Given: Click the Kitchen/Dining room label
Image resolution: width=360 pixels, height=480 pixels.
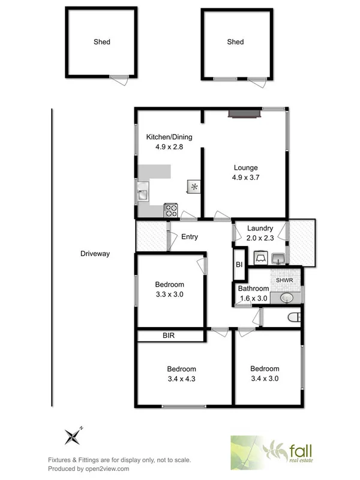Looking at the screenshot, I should pos(169,137).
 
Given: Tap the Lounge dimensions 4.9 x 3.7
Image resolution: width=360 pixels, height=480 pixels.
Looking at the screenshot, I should pos(246,178).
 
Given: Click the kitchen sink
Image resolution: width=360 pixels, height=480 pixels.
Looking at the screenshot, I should pos(143,194).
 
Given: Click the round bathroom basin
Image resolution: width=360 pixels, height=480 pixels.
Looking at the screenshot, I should pos(286,298).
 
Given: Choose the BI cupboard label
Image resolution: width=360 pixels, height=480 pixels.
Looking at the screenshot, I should pos(238,265).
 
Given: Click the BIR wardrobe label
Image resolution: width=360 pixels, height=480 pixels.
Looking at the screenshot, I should pos(169,335).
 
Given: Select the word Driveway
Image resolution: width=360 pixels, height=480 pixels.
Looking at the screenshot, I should pos(95,254).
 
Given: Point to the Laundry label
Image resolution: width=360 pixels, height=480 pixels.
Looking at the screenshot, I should pos(260,229).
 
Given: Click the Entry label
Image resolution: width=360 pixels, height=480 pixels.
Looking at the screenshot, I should pos(190,237).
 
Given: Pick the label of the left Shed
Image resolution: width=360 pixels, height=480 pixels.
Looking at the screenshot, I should pos(102,42).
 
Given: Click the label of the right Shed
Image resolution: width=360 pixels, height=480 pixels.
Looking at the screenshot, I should pos(236,42).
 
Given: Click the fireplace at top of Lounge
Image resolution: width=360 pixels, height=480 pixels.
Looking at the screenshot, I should pos(243,112).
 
